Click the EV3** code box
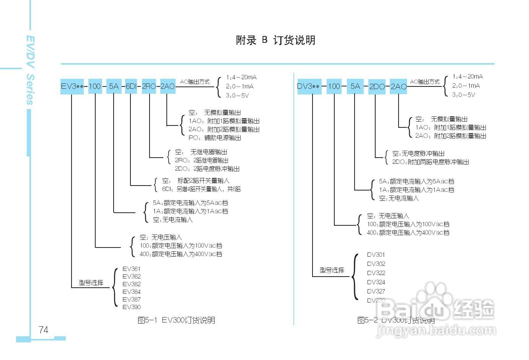click(72, 86)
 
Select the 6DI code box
click(131, 86)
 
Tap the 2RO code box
click(149, 86)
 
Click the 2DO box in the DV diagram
click(377, 86)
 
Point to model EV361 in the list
click(132, 269)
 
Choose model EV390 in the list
click(132, 307)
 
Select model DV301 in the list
click(376, 255)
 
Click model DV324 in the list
click(376, 282)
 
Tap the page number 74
click(44, 330)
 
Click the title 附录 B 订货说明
click(275, 40)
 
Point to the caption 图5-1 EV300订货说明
click(176, 320)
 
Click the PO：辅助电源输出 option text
click(215, 138)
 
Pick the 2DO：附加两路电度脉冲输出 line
click(430, 162)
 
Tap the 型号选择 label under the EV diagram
click(91, 283)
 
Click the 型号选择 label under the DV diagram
click(332, 270)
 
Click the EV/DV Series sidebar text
click(30, 70)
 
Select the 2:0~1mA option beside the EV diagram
click(239, 86)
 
